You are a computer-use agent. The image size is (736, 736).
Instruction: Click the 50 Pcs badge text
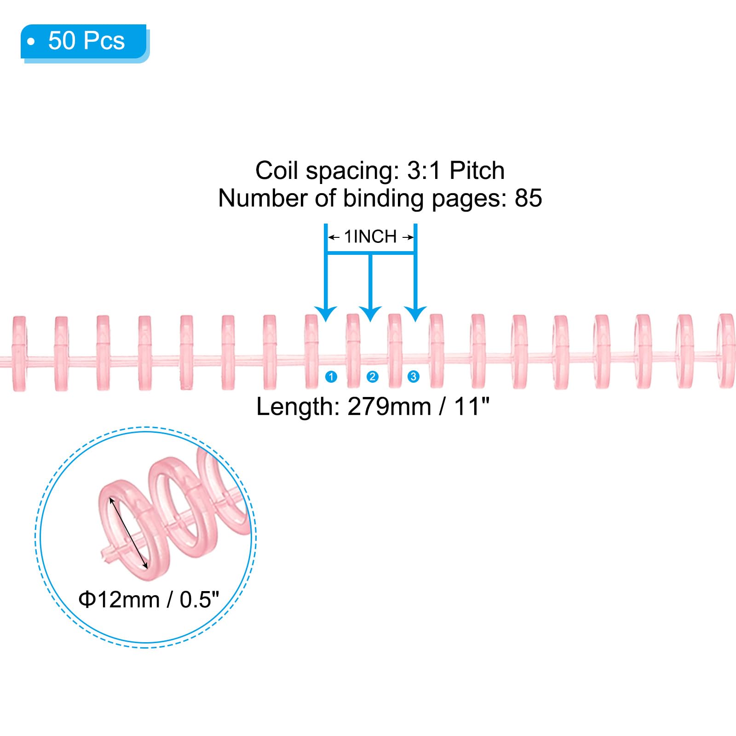click(x=86, y=40)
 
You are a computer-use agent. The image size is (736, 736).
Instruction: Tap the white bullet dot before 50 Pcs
click(x=31, y=42)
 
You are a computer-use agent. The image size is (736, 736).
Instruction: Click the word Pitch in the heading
click(x=477, y=171)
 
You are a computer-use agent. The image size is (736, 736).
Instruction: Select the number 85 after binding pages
click(x=529, y=198)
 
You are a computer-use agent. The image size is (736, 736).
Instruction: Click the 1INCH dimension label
click(x=370, y=236)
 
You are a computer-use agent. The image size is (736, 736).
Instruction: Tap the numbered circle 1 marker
click(x=331, y=377)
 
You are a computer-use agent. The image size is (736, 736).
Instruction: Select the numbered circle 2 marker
click(x=372, y=377)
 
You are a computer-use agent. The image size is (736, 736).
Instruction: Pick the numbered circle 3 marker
click(x=414, y=377)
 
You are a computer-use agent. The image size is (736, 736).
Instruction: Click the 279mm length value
click(x=389, y=407)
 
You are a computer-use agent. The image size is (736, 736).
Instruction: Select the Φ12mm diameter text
click(x=119, y=600)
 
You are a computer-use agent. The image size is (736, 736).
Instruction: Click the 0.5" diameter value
click(x=199, y=599)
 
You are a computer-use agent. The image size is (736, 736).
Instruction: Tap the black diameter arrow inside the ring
click(x=128, y=533)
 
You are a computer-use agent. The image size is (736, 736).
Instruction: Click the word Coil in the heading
click(x=277, y=171)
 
